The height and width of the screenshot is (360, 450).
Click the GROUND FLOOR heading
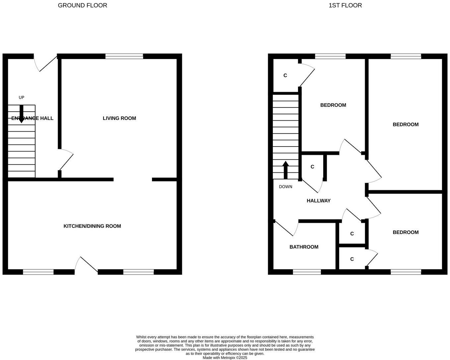(x=82, y=5)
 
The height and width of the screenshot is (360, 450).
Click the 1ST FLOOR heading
(x=345, y=5)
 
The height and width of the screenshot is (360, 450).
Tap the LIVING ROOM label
(x=119, y=118)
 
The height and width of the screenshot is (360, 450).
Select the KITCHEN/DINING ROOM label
(x=92, y=226)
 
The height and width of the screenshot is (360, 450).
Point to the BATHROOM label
(x=304, y=247)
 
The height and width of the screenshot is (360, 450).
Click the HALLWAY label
(x=318, y=201)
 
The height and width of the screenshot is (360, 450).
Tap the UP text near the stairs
(x=22, y=97)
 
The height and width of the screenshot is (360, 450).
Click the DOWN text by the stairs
(x=285, y=187)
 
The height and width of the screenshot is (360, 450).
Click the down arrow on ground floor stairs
(x=22, y=114)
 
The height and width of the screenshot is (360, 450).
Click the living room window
(x=124, y=56)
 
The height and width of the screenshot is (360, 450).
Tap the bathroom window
(x=307, y=272)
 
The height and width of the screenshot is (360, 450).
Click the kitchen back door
(x=86, y=265)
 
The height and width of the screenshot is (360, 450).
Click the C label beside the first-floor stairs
(x=312, y=167)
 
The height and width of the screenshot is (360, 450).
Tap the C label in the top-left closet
(x=285, y=76)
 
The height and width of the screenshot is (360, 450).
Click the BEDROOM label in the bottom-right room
(x=406, y=232)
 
